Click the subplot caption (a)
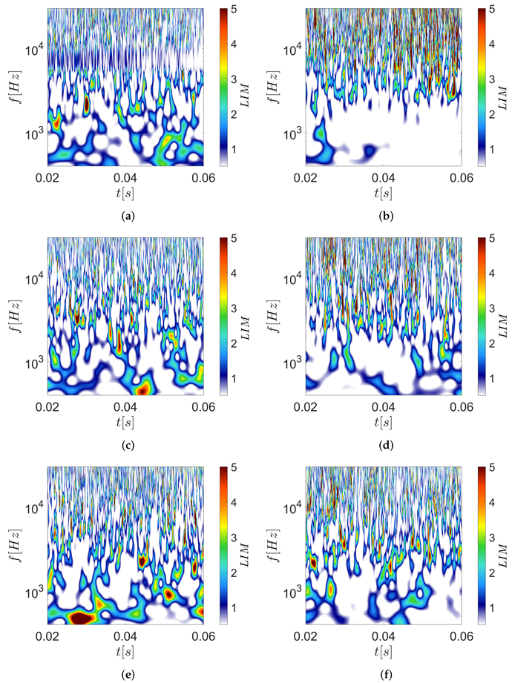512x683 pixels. tap(125, 216)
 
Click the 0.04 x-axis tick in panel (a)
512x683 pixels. tap(125, 178)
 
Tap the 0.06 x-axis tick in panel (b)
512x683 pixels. tap(461, 178)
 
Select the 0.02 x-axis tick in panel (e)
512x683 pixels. tap(48, 636)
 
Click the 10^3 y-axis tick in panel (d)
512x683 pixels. tap(292, 363)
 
